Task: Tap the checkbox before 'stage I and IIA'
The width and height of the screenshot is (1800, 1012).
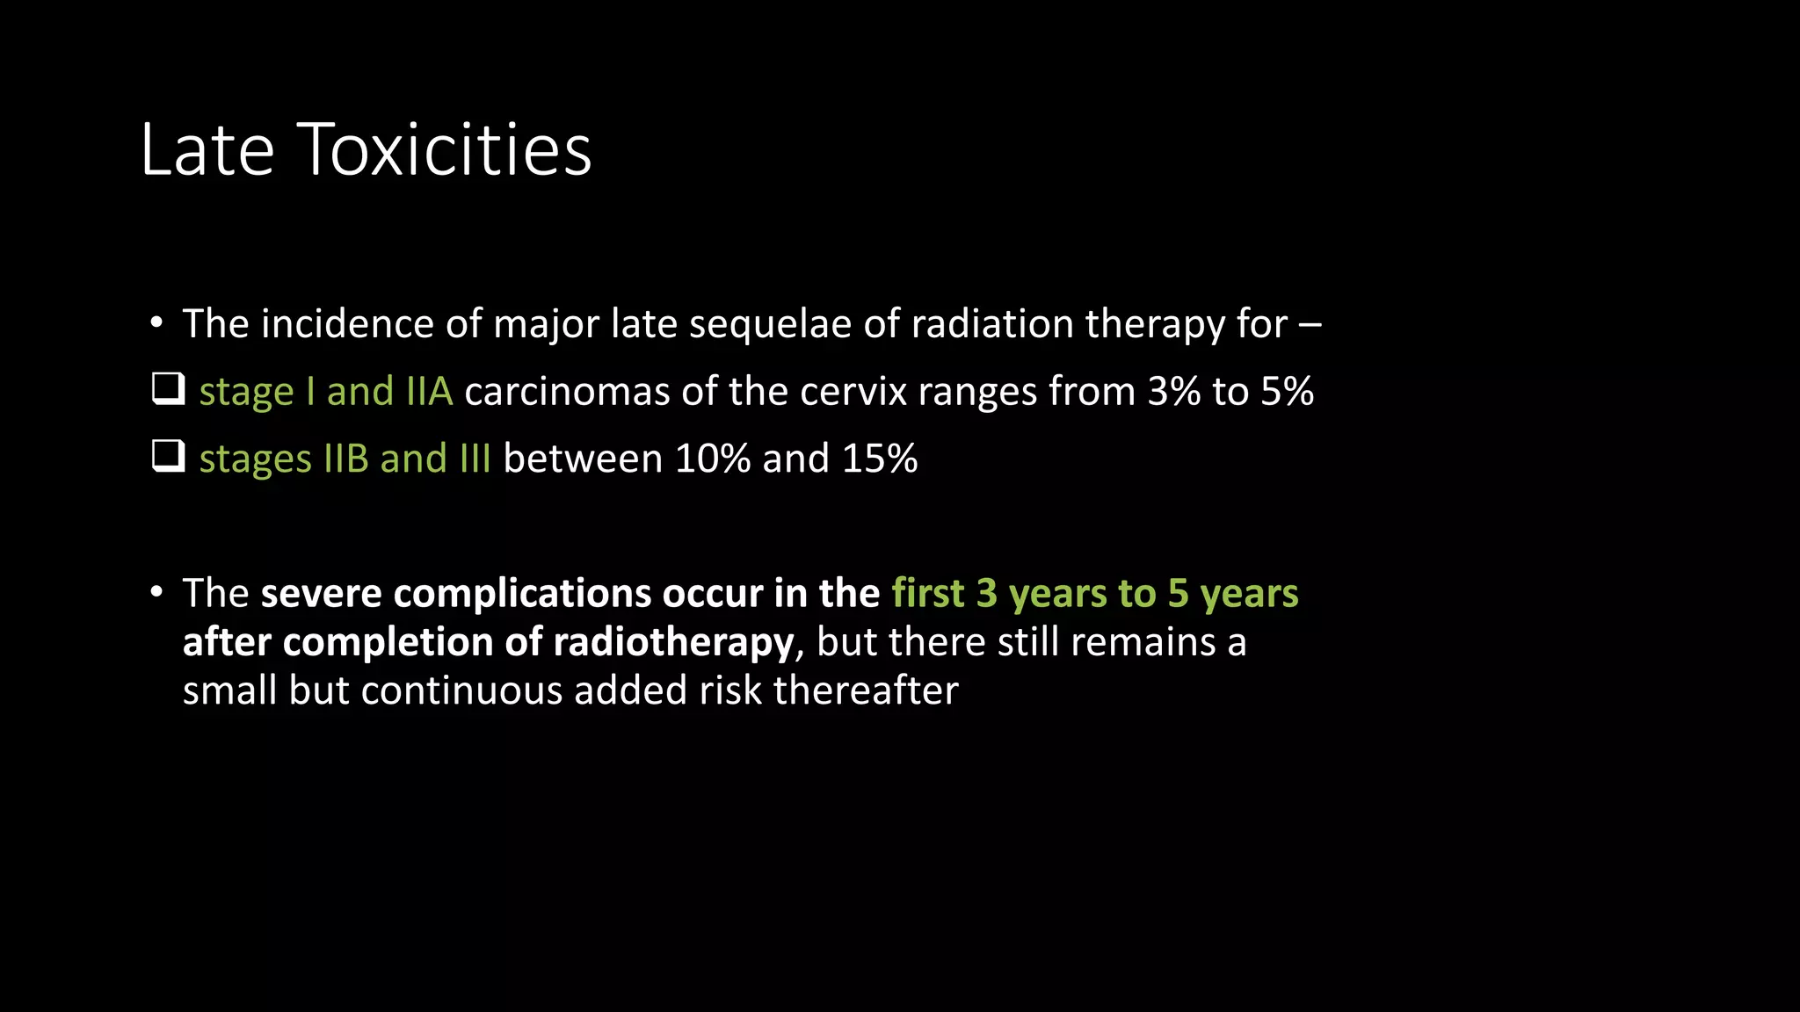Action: point(168,389)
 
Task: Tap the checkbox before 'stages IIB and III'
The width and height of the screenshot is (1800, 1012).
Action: point(168,457)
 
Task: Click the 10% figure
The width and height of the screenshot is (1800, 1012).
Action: point(712,459)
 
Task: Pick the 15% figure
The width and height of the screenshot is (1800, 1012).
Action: point(879,459)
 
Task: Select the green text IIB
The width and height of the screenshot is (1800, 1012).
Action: point(346,459)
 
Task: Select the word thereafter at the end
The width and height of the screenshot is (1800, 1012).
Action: point(866,690)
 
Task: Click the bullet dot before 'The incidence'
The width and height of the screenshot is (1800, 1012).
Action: point(156,323)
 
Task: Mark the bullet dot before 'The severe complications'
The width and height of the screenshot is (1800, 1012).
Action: point(156,593)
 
